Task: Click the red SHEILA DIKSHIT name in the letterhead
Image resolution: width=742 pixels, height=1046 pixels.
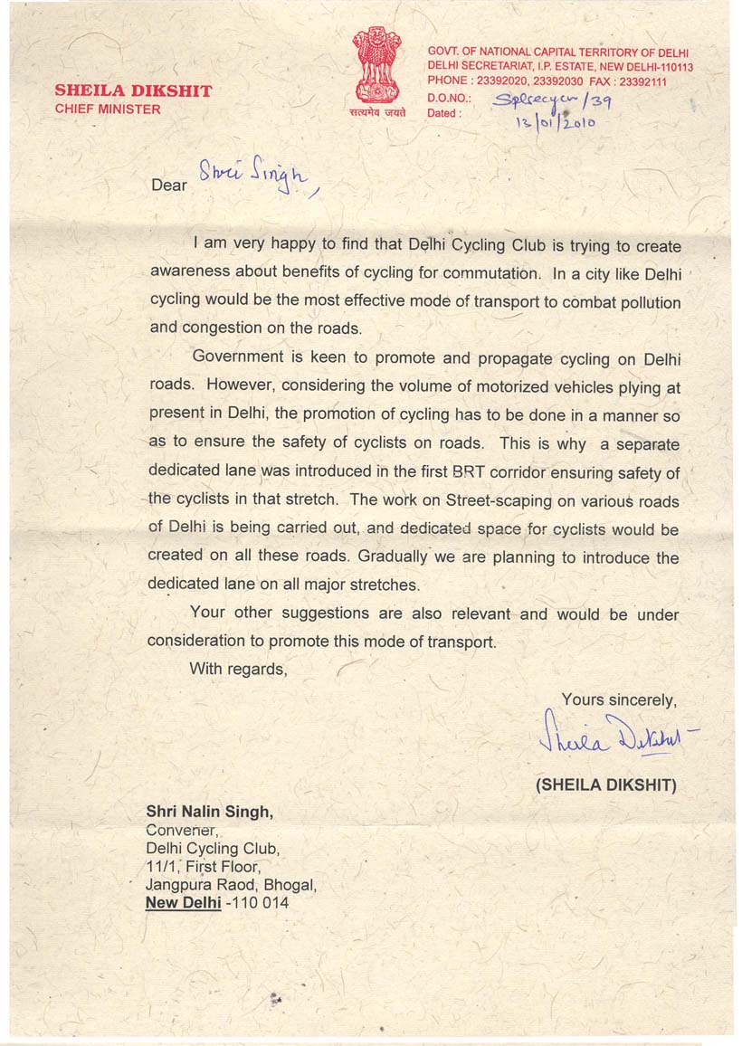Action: [x=133, y=90]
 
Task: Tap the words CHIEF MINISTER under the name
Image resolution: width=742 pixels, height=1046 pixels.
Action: [x=108, y=109]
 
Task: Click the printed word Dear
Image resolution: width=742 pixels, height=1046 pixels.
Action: [x=169, y=185]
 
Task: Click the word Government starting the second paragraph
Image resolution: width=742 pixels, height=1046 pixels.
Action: [x=239, y=358]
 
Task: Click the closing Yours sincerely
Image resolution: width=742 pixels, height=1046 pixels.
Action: [x=618, y=699]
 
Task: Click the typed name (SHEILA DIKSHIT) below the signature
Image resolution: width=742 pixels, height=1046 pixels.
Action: [x=605, y=784]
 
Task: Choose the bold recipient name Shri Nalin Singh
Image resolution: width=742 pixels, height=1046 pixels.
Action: [x=208, y=812]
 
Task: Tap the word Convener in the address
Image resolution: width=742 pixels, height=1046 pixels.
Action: [x=180, y=830]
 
